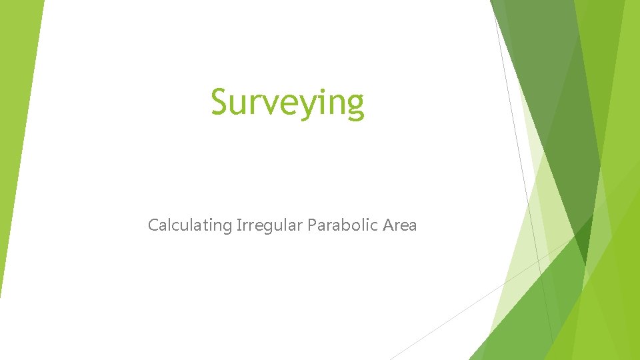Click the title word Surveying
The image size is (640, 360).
(288, 103)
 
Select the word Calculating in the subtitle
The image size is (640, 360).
(190, 225)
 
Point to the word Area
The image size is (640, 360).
(400, 225)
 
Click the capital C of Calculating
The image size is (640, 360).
(153, 225)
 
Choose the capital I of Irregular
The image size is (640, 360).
(238, 225)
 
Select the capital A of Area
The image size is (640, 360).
(389, 225)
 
